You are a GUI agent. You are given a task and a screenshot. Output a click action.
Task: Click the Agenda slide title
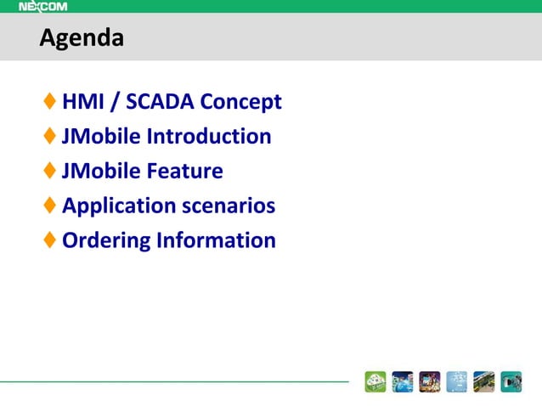click(82, 38)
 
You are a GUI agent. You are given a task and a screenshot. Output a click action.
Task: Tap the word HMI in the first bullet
click(83, 103)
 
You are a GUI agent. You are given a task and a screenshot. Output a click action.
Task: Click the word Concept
click(242, 104)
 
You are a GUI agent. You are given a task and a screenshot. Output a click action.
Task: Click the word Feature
click(184, 172)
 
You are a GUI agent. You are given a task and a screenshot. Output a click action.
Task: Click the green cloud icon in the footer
click(375, 382)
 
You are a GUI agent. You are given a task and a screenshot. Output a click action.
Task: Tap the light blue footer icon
click(456, 382)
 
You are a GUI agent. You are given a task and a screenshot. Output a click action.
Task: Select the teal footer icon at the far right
click(511, 382)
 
